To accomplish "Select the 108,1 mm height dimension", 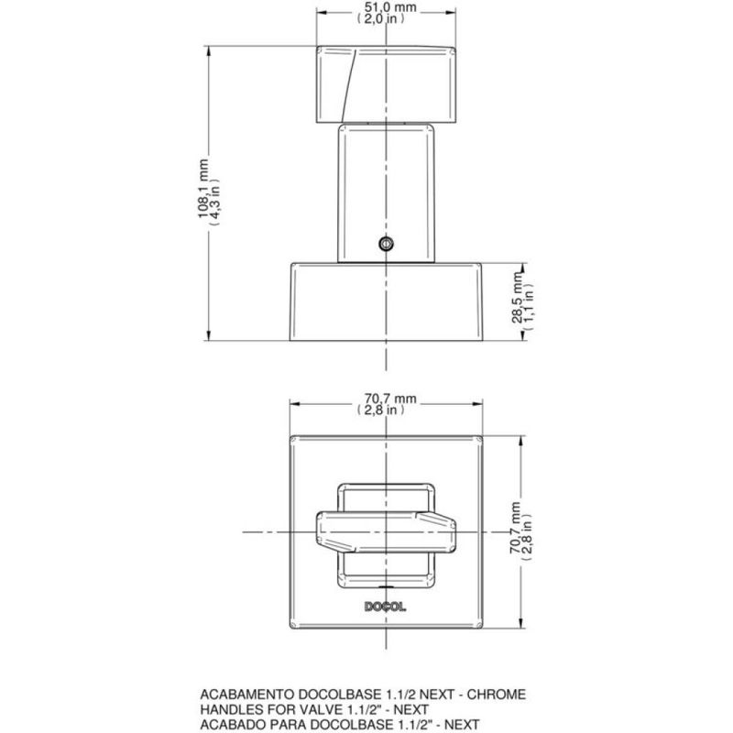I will pyautogui.click(x=203, y=192).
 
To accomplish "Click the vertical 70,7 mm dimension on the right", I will pyautogui.click(x=519, y=531).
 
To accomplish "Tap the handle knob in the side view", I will pyautogui.click(x=388, y=83).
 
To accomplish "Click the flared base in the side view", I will pyautogui.click(x=387, y=302).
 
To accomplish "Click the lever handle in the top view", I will pyautogui.click(x=387, y=531).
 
